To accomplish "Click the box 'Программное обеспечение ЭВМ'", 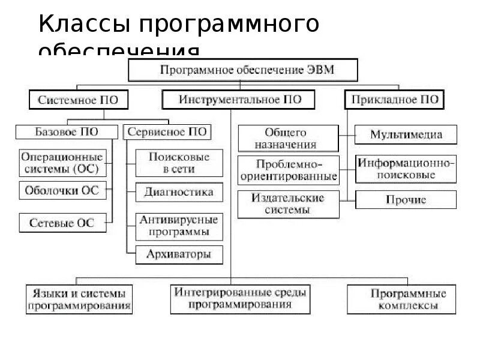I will point(243,70).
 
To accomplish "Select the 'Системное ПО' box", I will point(78,99).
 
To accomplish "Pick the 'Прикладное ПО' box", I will point(394,99).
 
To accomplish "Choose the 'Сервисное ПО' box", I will point(167,131).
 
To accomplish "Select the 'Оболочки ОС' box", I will point(62,191).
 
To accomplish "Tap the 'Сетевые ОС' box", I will point(62,223).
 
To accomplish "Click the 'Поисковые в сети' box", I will point(179,163).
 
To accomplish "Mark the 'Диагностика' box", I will point(179,193).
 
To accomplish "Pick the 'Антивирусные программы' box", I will point(179,226).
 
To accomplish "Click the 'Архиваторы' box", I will point(179,254).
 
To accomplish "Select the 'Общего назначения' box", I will point(285,138).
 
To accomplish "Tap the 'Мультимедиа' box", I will point(406,134).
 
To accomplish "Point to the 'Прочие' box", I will point(406,200).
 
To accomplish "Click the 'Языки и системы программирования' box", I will point(79,299).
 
